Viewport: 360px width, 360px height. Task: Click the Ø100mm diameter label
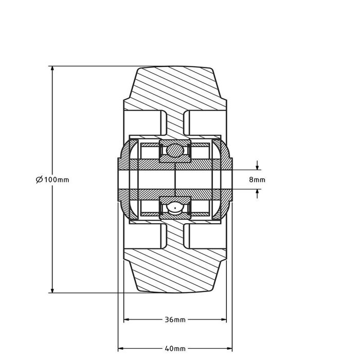(x=52, y=179)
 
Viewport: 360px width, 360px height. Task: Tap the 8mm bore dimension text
(x=257, y=179)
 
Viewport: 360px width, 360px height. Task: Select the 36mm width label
(x=175, y=319)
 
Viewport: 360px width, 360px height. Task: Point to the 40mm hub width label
(x=175, y=349)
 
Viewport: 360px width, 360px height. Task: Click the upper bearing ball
(x=175, y=151)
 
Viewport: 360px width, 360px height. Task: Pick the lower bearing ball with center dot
(x=175, y=208)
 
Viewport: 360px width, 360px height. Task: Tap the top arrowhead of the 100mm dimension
(x=52, y=69)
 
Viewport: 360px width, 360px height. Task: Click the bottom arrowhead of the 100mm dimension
(x=52, y=290)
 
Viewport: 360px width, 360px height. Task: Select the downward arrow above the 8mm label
(x=257, y=165)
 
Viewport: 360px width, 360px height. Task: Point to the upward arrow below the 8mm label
(x=257, y=194)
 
